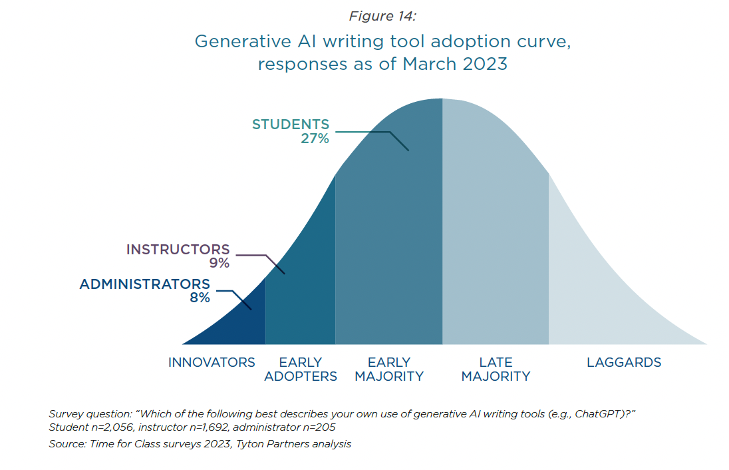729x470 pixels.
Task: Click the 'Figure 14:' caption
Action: pyautogui.click(x=382, y=16)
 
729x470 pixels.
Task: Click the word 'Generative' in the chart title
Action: pyautogui.click(x=243, y=41)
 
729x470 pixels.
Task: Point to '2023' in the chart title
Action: pyautogui.click(x=484, y=64)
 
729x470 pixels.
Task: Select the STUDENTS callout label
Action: pyautogui.click(x=291, y=124)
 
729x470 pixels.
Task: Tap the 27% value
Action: pyautogui.click(x=315, y=138)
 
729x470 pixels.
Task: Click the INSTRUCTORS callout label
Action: pyautogui.click(x=178, y=250)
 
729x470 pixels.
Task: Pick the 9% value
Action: pyautogui.click(x=219, y=264)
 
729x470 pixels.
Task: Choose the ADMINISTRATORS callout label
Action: pyautogui.click(x=144, y=284)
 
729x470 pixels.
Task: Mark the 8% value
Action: pyautogui.click(x=200, y=298)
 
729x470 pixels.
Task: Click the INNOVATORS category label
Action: pyautogui.click(x=212, y=363)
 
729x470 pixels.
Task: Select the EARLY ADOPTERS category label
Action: pyautogui.click(x=301, y=369)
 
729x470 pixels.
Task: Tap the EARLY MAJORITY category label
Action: pyautogui.click(x=389, y=369)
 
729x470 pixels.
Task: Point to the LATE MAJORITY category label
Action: pyautogui.click(x=496, y=369)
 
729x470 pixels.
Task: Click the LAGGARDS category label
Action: pyautogui.click(x=624, y=363)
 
